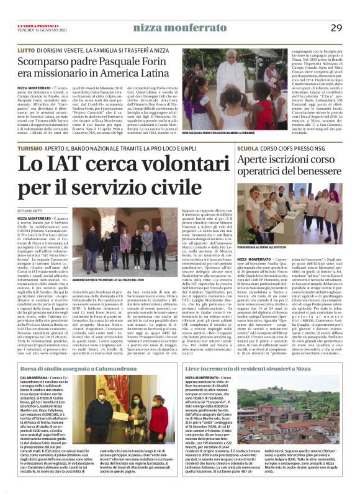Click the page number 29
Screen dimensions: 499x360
336,27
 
